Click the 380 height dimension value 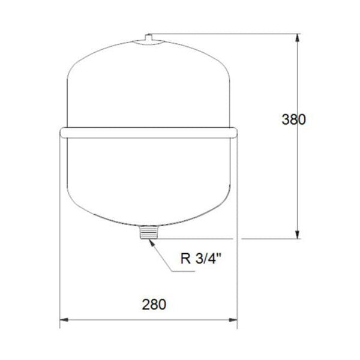294,119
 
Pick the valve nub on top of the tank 148,38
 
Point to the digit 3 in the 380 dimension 286,119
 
